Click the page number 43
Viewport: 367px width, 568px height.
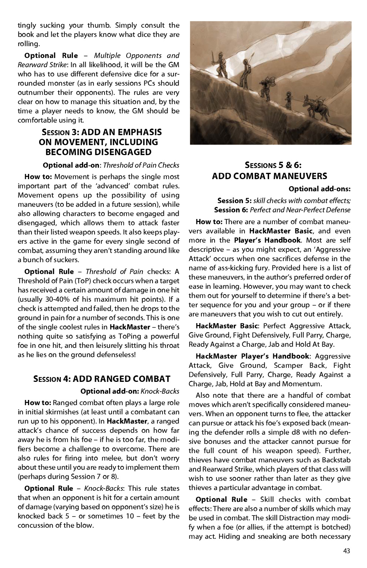346,551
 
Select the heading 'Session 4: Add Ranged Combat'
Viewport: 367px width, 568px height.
102,379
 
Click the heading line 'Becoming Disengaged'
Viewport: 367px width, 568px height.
98,152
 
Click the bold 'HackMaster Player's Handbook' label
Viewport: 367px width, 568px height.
252,356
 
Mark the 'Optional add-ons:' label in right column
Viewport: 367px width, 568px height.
319,189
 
